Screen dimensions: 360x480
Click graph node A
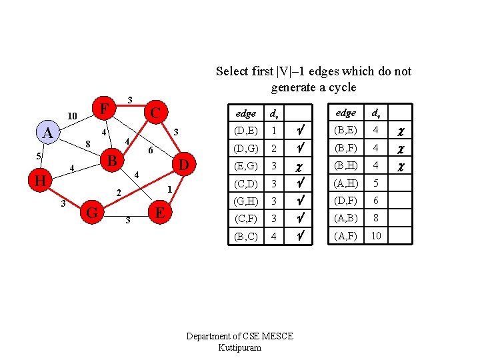pyautogui.click(x=47, y=133)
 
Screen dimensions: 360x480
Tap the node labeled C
pyautogui.click(x=154, y=111)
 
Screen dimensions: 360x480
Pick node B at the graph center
pyautogui.click(x=113, y=161)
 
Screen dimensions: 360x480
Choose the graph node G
pyautogui.click(x=93, y=213)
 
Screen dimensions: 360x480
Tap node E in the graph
pyautogui.click(x=159, y=213)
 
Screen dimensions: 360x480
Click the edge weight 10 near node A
pyautogui.click(x=74, y=117)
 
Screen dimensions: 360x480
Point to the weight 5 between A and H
pyautogui.click(x=39, y=157)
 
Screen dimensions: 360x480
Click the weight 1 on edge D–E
pyautogui.click(x=170, y=189)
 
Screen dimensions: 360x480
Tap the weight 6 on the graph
pyautogui.click(x=151, y=150)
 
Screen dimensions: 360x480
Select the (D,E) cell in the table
pyautogui.click(x=246, y=130)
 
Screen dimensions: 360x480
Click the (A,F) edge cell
pyautogui.click(x=345, y=235)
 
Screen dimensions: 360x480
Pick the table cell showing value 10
pyautogui.click(x=377, y=235)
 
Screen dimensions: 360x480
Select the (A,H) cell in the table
pyautogui.click(x=345, y=183)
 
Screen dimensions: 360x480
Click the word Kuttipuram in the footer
pyautogui.click(x=239, y=347)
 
